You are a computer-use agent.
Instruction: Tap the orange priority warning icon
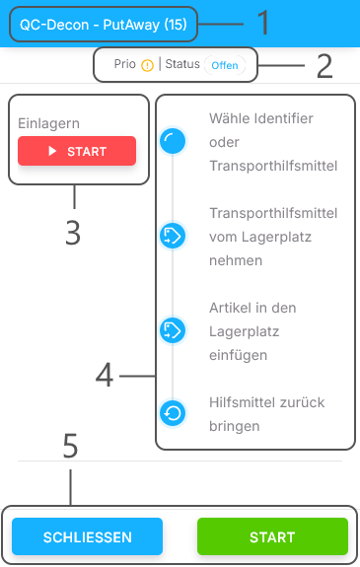(148, 65)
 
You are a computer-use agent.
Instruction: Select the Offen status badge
(224, 65)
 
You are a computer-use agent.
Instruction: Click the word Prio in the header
(125, 65)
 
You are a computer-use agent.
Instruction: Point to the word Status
(181, 65)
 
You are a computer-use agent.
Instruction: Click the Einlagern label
(48, 123)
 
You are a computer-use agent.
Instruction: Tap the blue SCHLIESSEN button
(87, 536)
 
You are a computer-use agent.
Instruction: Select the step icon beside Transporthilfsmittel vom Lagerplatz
(173, 236)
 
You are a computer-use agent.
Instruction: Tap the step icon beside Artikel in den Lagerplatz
(173, 330)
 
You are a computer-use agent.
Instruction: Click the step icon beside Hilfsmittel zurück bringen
(173, 413)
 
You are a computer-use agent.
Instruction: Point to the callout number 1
(262, 21)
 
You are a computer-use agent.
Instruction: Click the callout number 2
(324, 66)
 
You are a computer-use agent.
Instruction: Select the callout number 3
(73, 233)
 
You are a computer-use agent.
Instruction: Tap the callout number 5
(70, 447)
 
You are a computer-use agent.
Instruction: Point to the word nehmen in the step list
(236, 260)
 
